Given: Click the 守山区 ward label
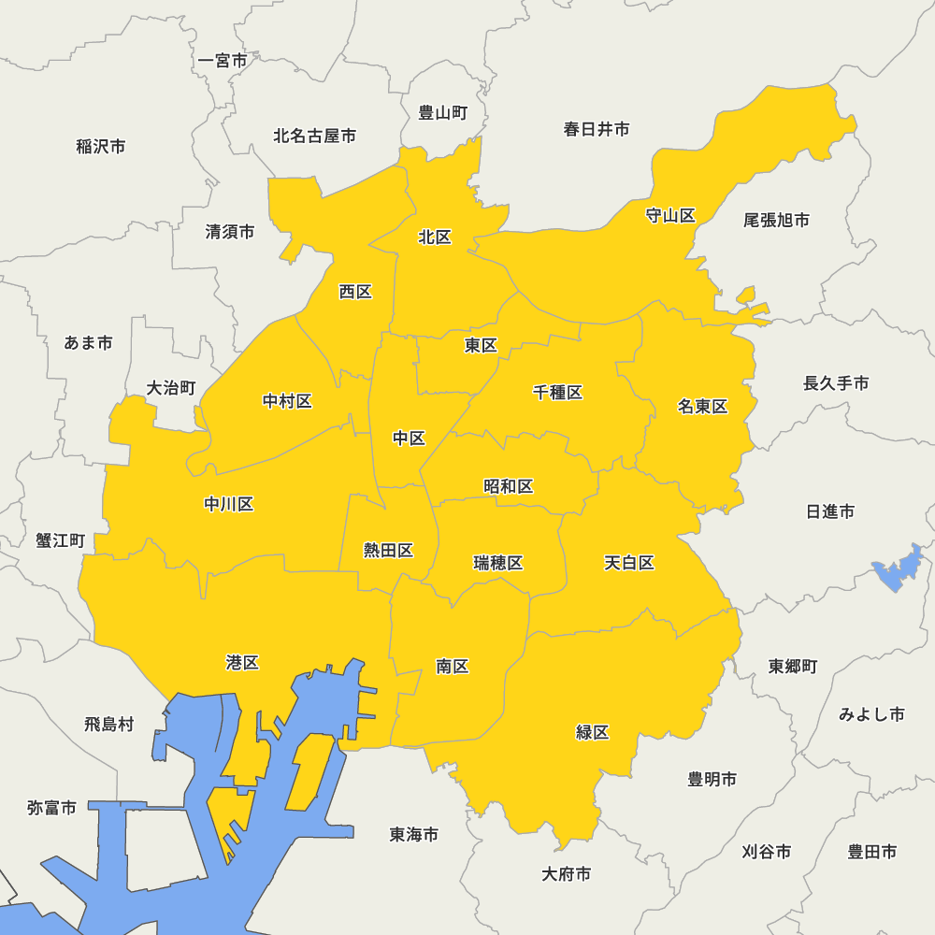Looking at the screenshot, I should pos(670,216).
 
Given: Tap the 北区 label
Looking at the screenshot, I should pos(435,237).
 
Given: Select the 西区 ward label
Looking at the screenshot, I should pos(355,292).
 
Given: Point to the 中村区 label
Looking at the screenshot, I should pos(287,402).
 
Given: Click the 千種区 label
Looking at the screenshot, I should pos(558,393).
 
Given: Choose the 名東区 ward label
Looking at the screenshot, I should pos(702,407).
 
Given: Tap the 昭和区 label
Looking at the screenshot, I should pos(509,486).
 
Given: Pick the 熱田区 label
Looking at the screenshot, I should pos(388,551).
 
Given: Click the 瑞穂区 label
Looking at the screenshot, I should pos(498,563).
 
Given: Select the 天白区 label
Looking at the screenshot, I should pos(628,563).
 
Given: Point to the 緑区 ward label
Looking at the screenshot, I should pos(593,732).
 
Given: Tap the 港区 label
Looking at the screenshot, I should pos(242,663).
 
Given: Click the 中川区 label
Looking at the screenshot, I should pos(229,505).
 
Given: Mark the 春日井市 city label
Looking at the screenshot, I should pos(597,129).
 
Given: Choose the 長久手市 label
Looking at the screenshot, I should pos(836,383).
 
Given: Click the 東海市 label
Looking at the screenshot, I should pos(414,834).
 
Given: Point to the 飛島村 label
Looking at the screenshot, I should pos(109,724).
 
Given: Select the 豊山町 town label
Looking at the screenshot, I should pos(442,113).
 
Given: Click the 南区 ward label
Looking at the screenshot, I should pos(453,667).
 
